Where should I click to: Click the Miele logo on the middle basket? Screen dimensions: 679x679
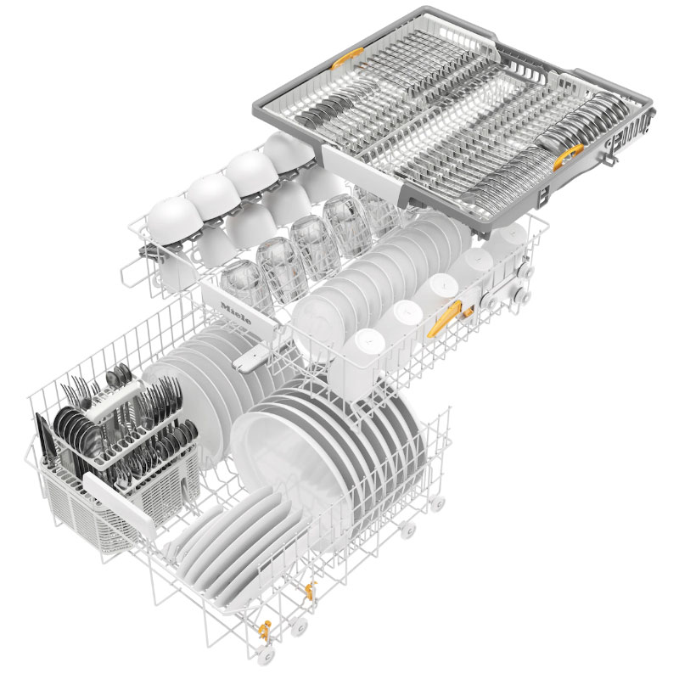coord(236,313)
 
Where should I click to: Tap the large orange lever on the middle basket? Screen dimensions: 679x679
coord(444,318)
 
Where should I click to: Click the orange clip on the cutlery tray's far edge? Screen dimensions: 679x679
coord(347,58)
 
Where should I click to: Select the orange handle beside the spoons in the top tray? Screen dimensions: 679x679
coord(568,157)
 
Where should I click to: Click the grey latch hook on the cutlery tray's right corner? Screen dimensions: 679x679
coord(609,155)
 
